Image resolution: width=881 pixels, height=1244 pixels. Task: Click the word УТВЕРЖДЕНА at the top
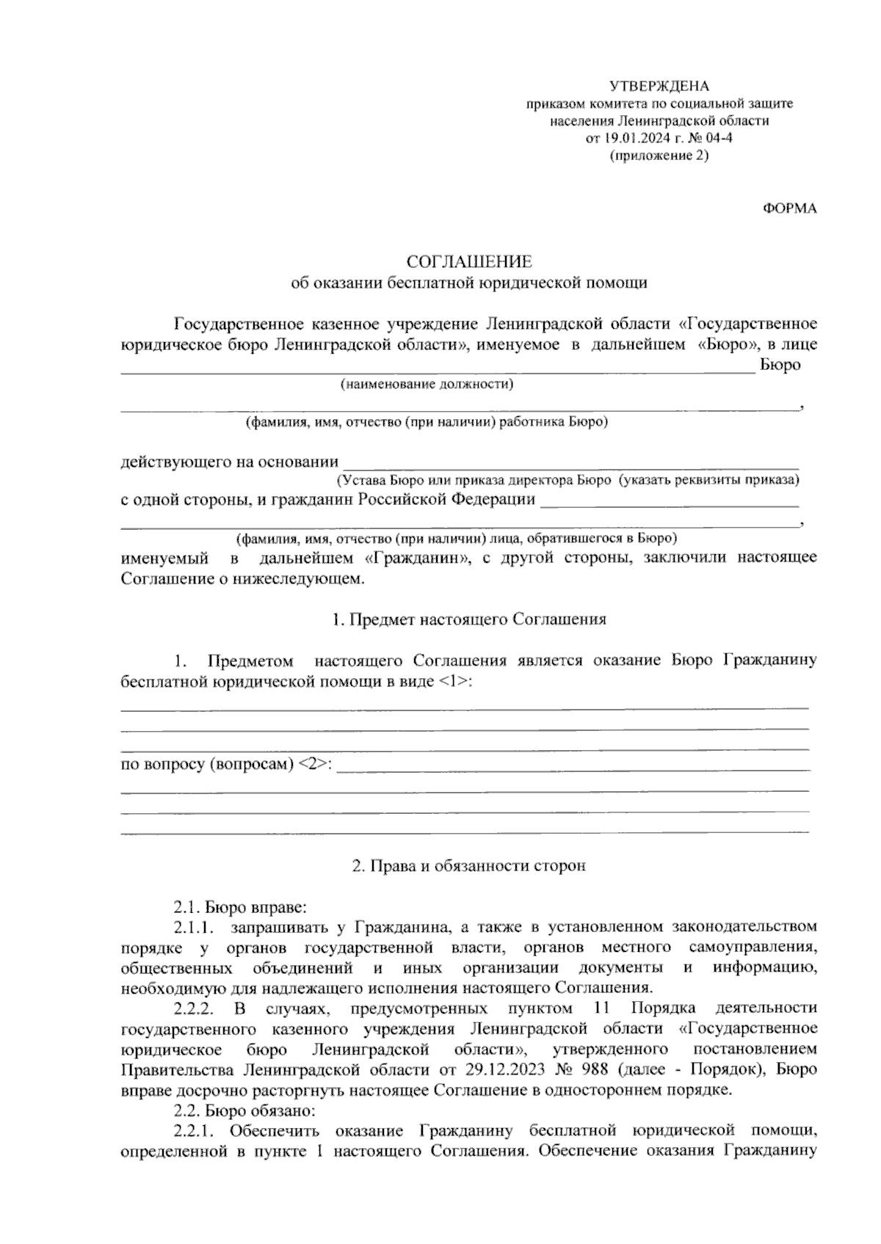pos(659,87)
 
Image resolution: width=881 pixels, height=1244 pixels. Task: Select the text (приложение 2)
pos(659,156)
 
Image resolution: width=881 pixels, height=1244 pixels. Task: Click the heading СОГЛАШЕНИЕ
pos(470,262)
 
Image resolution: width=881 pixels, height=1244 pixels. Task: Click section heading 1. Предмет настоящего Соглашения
pos(469,619)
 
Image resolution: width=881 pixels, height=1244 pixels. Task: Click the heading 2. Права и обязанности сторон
pos(469,866)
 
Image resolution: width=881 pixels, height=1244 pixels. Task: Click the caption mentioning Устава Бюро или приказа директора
pos(568,481)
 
